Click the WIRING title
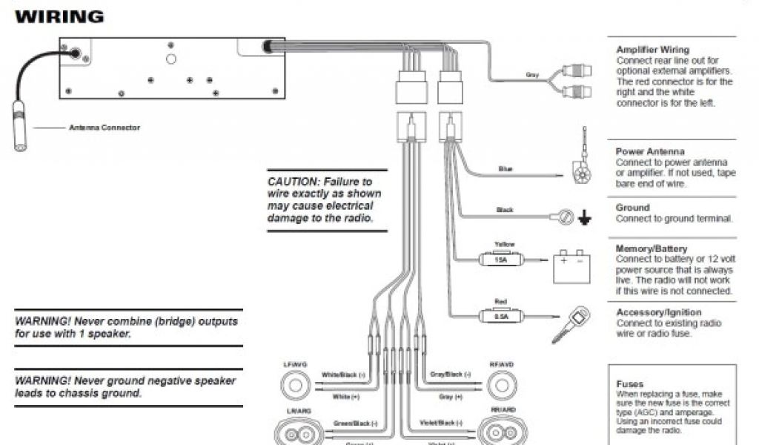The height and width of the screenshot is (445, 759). click(x=59, y=16)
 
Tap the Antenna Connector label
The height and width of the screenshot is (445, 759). click(x=105, y=128)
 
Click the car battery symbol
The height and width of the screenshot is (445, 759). click(x=571, y=267)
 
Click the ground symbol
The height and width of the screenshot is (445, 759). click(x=586, y=217)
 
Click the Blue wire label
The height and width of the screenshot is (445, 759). click(x=506, y=169)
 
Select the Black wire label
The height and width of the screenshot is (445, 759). click(x=504, y=210)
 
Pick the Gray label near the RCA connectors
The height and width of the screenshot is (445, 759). click(x=531, y=75)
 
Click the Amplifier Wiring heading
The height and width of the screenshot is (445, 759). click(x=652, y=50)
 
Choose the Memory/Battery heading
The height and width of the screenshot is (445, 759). click(x=652, y=248)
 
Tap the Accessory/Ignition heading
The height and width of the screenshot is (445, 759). click(x=658, y=312)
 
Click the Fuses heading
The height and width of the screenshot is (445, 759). click(x=630, y=384)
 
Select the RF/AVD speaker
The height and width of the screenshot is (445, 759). click(x=501, y=386)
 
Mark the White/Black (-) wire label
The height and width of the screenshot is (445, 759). click(x=344, y=375)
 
